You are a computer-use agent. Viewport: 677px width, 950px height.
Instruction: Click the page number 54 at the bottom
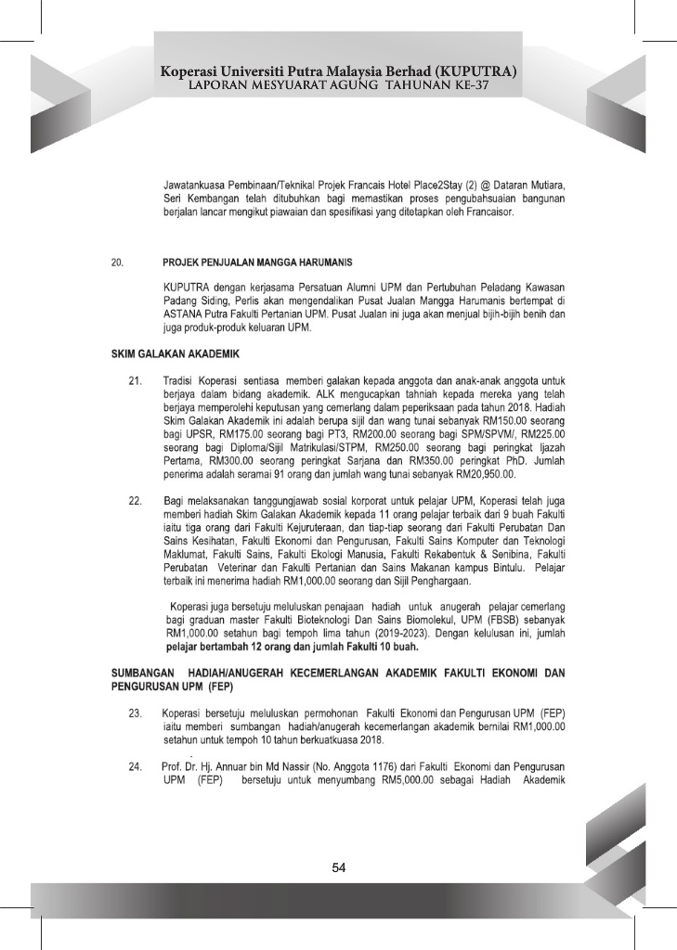[339, 867]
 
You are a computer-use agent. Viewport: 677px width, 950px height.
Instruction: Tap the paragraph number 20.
[118, 263]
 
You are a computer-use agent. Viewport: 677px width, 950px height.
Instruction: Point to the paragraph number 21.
[135, 380]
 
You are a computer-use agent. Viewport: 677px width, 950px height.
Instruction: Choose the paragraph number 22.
[135, 502]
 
